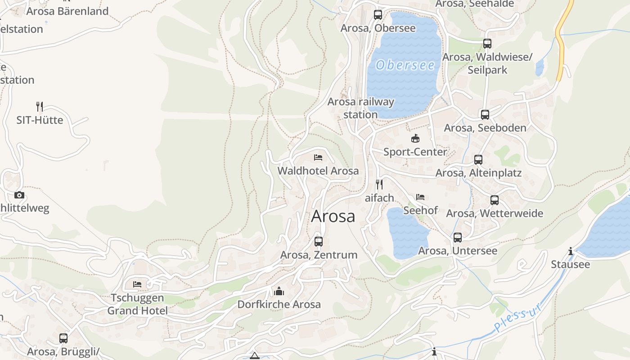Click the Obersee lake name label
pos(405,65)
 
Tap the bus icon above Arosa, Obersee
pos(378,15)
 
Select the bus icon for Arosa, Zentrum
pos(319,242)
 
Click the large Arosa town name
pos(333,216)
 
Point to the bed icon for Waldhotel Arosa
pos(318,157)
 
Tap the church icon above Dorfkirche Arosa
pos(279,291)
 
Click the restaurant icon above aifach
pos(379,184)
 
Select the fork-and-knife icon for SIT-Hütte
pos(40,107)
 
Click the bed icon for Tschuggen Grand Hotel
pos(137,284)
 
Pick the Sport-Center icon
pos(415,139)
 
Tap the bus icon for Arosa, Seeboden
pos(485,115)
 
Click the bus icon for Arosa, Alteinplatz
pos(478,160)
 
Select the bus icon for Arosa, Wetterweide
pos(495,200)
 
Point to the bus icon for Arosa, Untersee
pos(458,238)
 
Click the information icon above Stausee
pos(571,251)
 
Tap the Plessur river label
pos(517,318)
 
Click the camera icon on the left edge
pos(19,195)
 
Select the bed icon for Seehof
pos(420,197)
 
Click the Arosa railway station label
pos(360,108)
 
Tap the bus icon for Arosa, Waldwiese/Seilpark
pos(487,44)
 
